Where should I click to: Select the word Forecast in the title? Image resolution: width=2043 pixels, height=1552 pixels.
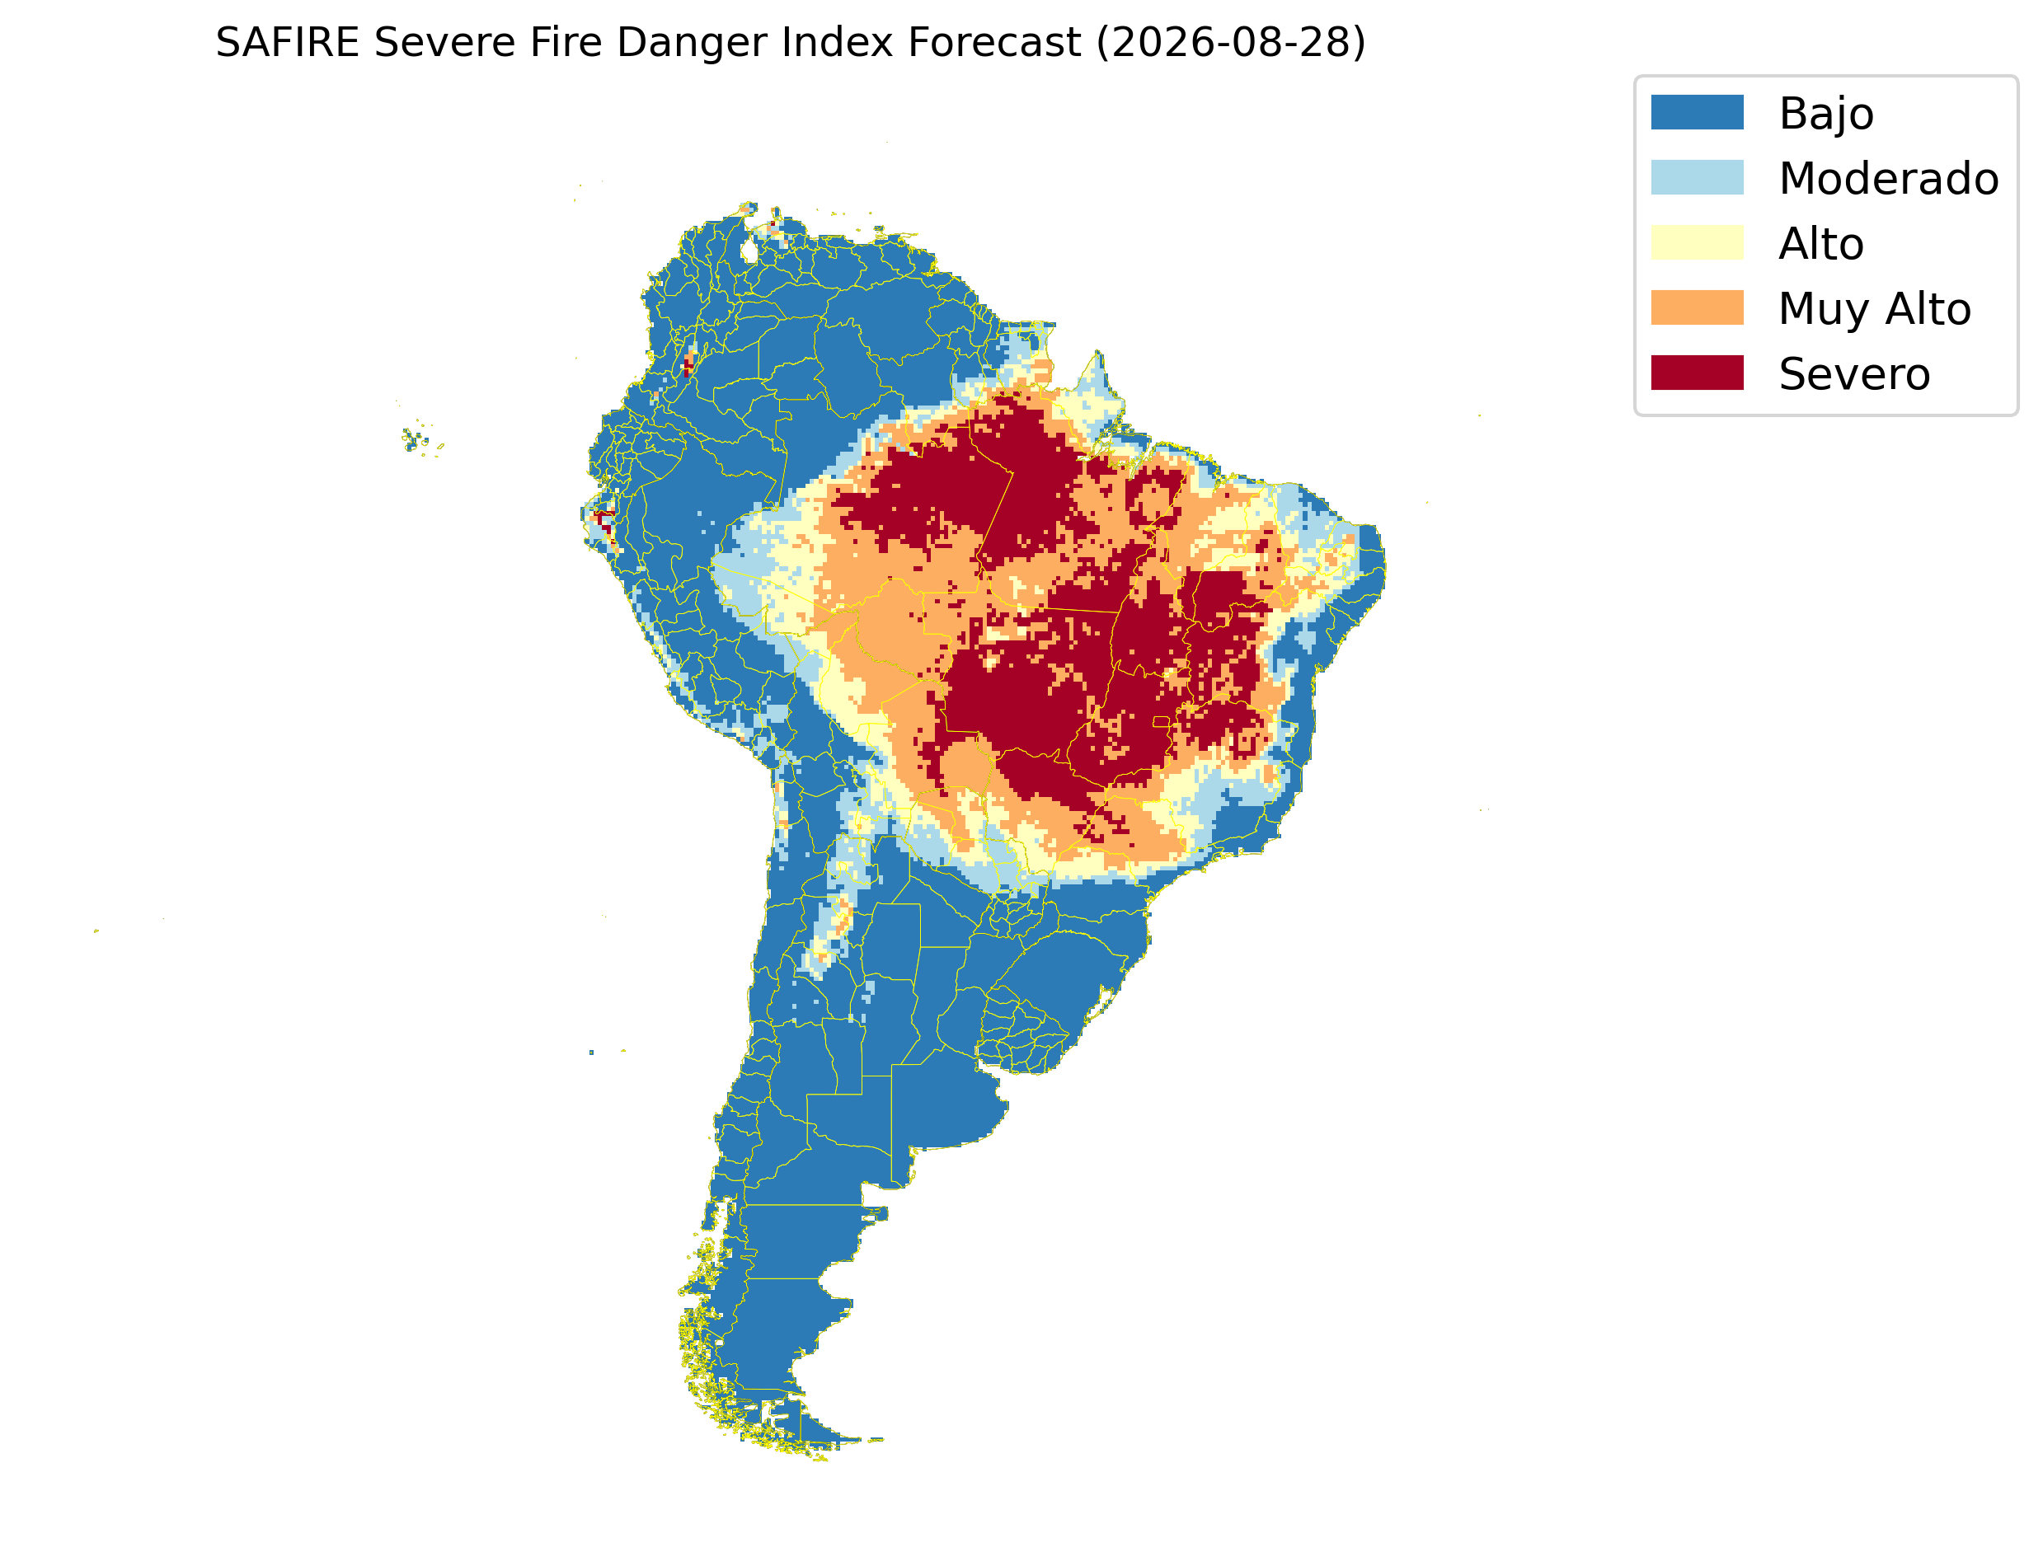(x=994, y=43)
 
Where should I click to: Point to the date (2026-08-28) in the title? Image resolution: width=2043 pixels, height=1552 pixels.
(x=1231, y=44)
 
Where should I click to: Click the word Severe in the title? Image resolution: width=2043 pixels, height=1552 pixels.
(x=444, y=43)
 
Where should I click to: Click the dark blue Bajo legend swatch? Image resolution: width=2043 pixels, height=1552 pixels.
(x=1698, y=113)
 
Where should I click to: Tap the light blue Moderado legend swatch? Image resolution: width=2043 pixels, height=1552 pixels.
(x=1698, y=177)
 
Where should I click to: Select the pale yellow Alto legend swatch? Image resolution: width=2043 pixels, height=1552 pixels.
(x=1698, y=243)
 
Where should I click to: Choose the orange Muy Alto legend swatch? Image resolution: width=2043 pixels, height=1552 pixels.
(x=1698, y=307)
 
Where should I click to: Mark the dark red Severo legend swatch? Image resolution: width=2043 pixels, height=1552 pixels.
(x=1698, y=373)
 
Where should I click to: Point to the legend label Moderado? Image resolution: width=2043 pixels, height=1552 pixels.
(x=1889, y=178)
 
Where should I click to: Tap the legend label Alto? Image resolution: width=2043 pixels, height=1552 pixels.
(x=1821, y=244)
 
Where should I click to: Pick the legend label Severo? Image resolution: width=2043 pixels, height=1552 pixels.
(x=1854, y=374)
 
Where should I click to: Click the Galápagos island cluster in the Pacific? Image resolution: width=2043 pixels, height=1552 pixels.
(x=420, y=440)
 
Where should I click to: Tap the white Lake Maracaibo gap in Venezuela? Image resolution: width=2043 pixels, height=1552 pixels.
(x=749, y=251)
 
